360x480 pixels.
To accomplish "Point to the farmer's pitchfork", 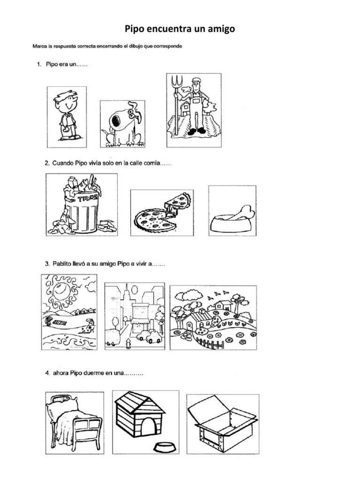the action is [x=176, y=104].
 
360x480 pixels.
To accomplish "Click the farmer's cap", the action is [x=196, y=81].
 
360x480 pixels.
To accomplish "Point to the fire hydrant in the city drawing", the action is [x=128, y=344].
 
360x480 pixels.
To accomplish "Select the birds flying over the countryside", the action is [x=218, y=295].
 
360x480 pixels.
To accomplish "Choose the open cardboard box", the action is [x=223, y=423].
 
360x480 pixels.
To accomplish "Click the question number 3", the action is [x=47, y=263].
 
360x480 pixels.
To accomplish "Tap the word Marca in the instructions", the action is [x=39, y=46].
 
